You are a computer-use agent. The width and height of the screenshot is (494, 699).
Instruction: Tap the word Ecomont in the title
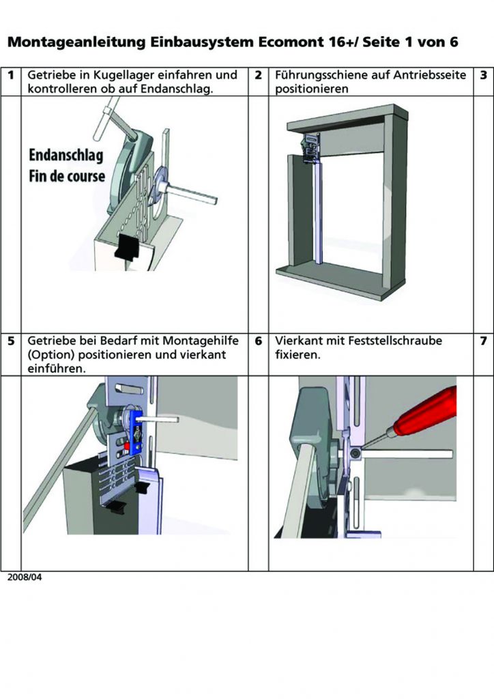[289, 42]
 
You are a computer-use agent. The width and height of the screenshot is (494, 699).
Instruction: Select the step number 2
[258, 75]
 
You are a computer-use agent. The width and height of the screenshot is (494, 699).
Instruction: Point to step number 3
[483, 75]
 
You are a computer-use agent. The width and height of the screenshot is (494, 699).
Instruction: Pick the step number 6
[258, 340]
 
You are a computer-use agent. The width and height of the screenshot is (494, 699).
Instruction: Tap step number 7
[483, 340]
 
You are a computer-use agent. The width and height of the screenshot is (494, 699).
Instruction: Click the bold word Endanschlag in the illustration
[66, 156]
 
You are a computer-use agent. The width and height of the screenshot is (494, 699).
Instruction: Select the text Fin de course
[67, 175]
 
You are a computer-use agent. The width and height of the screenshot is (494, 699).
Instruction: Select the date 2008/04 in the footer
[25, 577]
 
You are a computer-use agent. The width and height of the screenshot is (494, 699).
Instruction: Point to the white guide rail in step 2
[317, 212]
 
